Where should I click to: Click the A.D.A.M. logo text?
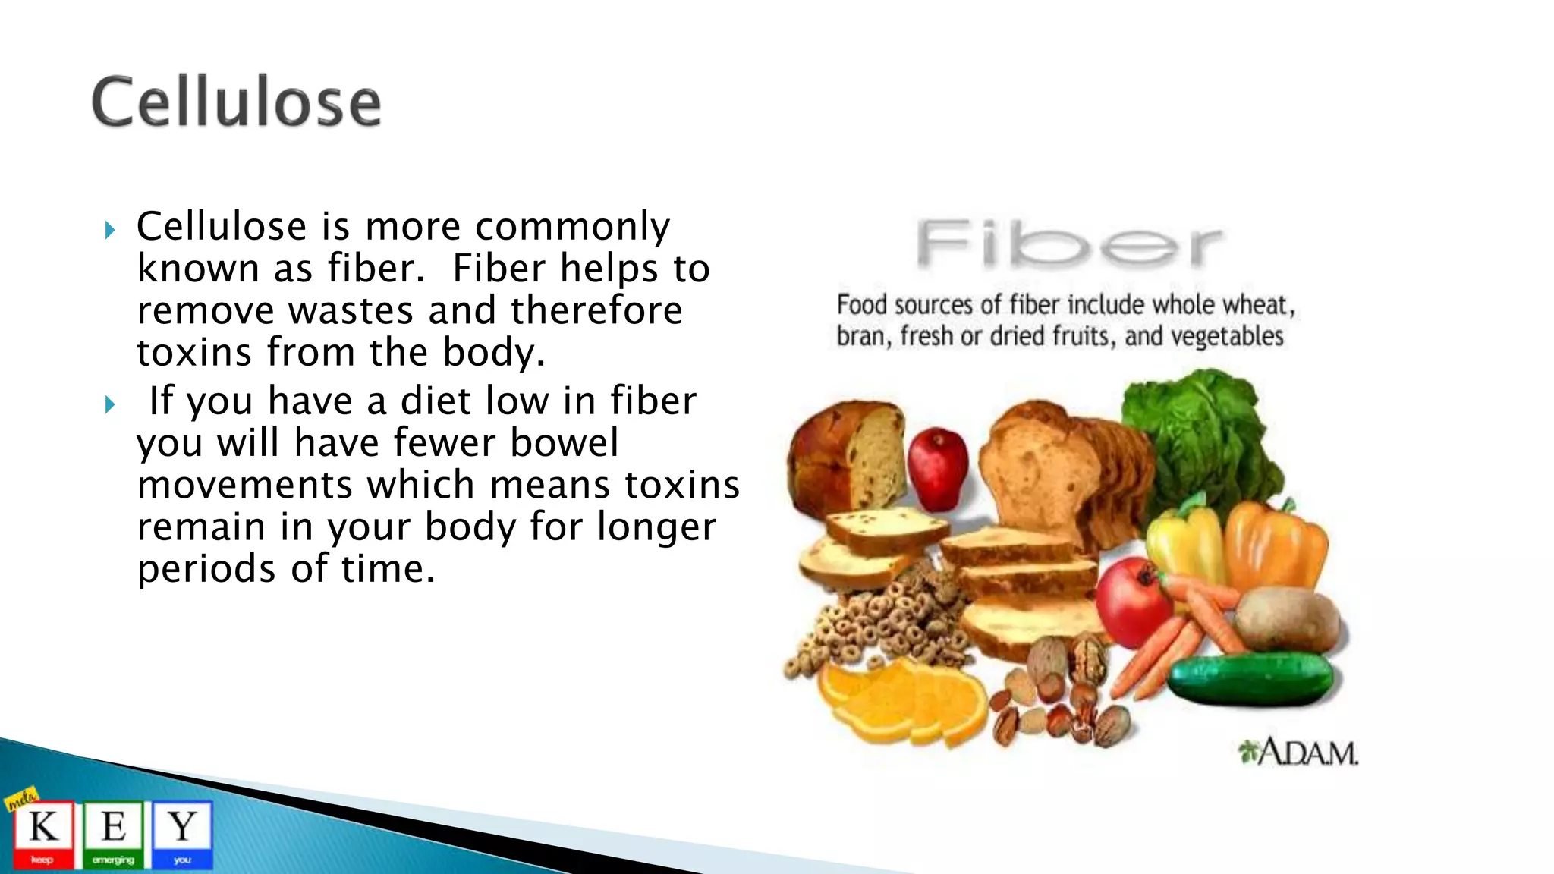pos(1300,753)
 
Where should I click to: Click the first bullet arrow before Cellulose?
pos(111,230)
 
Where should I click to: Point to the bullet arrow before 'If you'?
pos(111,404)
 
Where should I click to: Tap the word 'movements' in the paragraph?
pos(244,486)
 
